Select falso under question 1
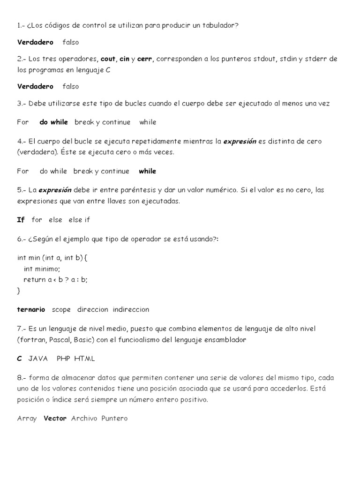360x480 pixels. [x=71, y=42]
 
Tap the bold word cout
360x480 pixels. [x=108, y=59]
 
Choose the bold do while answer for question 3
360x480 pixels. [x=54, y=122]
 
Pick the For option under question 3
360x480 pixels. [x=23, y=122]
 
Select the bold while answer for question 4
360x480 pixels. [x=148, y=171]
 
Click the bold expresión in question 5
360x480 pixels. [x=55, y=190]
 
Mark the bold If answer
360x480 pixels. [x=21, y=219]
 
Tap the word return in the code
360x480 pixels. [x=34, y=279]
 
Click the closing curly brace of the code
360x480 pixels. [x=19, y=291]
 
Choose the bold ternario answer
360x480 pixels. [x=31, y=309]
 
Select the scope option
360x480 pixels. [x=61, y=309]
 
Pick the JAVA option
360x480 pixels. [x=38, y=359]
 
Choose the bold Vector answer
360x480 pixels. [x=55, y=418]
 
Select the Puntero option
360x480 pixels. [x=114, y=418]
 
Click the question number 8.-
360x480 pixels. [x=22, y=378]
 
